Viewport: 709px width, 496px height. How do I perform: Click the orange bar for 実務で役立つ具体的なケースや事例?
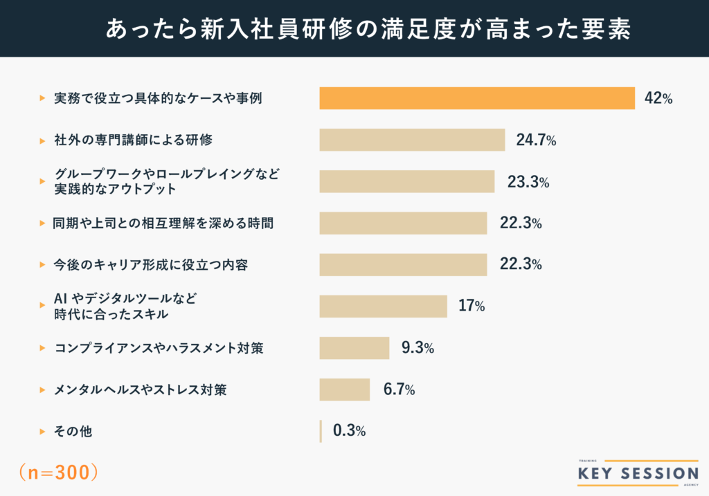(x=476, y=98)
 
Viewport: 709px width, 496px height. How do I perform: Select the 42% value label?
(x=658, y=98)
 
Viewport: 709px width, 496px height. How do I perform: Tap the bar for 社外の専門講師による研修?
(x=412, y=140)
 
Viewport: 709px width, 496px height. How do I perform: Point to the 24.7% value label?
(x=536, y=140)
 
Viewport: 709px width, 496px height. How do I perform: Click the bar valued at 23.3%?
(x=407, y=181)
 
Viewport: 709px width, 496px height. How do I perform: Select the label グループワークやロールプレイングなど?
(x=167, y=173)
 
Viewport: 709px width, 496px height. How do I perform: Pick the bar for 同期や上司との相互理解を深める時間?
(x=403, y=223)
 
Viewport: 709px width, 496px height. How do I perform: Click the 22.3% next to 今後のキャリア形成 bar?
(x=521, y=264)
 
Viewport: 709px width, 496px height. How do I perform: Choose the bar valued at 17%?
(x=383, y=306)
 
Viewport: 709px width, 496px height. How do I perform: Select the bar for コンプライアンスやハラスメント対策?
(x=354, y=348)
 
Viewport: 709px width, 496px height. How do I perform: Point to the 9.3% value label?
(x=418, y=348)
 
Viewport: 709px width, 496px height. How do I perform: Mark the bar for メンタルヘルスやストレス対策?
(x=345, y=389)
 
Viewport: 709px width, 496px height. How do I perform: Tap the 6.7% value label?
(x=400, y=389)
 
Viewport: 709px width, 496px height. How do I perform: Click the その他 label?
(x=73, y=431)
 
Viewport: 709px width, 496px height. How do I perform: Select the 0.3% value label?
(x=349, y=430)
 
